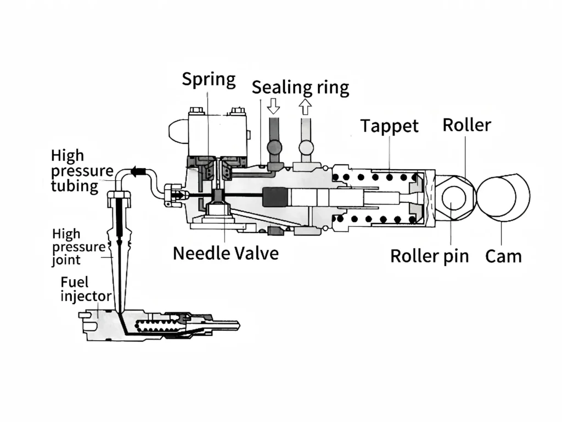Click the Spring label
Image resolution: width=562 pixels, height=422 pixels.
pyautogui.click(x=209, y=79)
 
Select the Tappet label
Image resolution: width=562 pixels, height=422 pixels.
pyautogui.click(x=389, y=126)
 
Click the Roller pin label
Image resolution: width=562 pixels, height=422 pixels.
pyautogui.click(x=429, y=256)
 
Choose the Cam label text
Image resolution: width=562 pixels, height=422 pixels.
pyautogui.click(x=503, y=256)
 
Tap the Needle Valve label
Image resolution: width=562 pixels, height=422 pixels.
pyautogui.click(x=226, y=253)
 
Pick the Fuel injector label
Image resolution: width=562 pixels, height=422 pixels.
pyautogui.click(x=86, y=290)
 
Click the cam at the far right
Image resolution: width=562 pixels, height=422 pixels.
pyautogui.click(x=502, y=198)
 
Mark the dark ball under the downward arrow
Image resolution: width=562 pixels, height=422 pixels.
pyautogui.click(x=273, y=147)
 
